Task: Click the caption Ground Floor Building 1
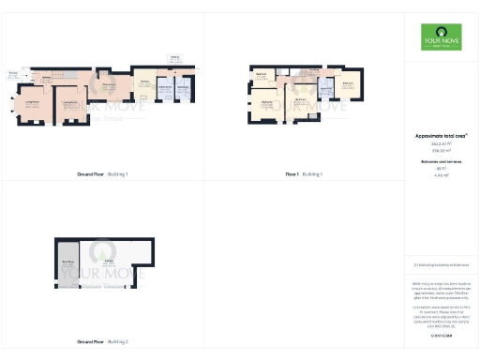(x=102, y=174)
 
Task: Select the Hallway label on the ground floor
(x=47, y=78)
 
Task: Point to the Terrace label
(x=13, y=72)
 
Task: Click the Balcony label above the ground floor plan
(x=174, y=57)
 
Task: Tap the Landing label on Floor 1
(x=314, y=70)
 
